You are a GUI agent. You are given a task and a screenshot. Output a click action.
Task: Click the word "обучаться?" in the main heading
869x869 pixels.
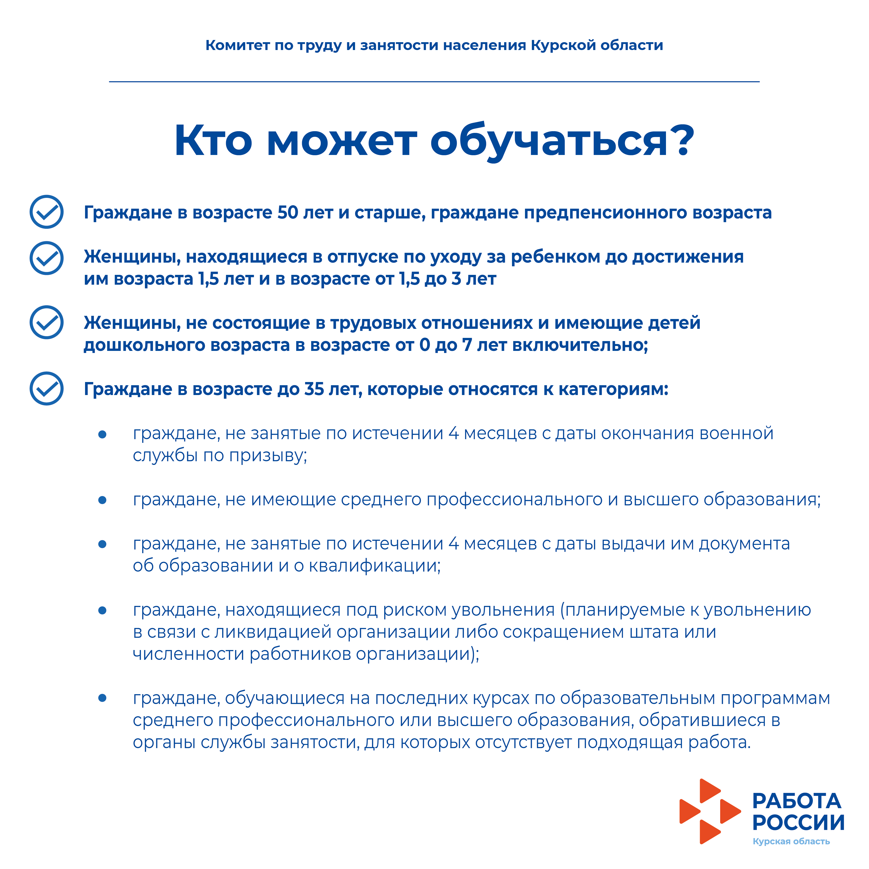(x=562, y=141)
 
